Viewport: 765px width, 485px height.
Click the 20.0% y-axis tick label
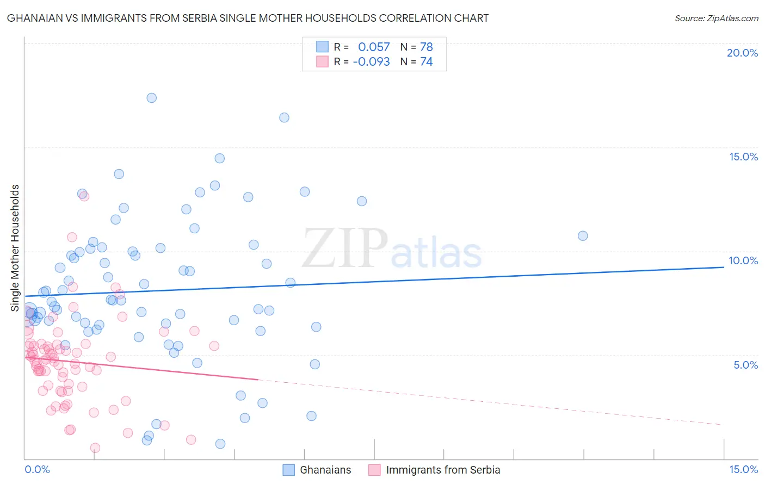[742, 53]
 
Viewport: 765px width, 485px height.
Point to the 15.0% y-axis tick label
[743, 157]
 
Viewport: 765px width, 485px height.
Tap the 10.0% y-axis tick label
[743, 260]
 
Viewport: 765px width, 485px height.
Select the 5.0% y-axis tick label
[745, 365]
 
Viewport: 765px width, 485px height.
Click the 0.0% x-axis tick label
[37, 469]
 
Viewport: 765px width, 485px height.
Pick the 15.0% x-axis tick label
[743, 469]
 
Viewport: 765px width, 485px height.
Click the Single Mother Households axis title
[15, 248]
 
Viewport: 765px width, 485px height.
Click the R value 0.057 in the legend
[374, 47]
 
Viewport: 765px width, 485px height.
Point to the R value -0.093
[371, 61]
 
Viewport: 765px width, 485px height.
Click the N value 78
[426, 47]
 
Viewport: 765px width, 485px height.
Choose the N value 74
[426, 61]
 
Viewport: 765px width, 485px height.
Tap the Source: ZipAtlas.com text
[716, 18]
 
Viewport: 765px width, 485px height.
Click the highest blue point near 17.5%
[151, 98]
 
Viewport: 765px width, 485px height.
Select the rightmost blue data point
[583, 235]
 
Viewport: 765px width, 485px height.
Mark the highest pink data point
[84, 196]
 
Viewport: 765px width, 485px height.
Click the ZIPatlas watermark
[392, 249]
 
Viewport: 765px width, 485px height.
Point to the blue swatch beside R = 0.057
[322, 47]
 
